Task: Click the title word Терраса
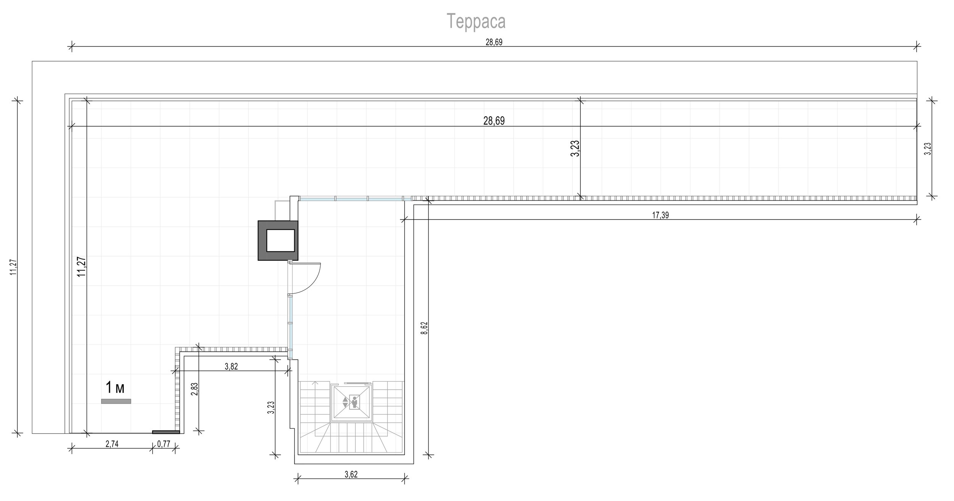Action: (476, 21)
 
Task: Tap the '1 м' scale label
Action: (115, 388)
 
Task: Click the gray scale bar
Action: (116, 401)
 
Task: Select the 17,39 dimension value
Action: (660, 215)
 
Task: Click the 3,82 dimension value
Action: (231, 367)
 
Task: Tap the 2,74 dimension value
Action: (111, 444)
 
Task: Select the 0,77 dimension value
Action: (164, 444)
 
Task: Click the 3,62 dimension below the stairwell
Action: (351, 475)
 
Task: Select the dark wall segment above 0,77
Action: (166, 432)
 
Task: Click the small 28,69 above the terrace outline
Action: (494, 42)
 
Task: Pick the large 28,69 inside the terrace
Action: (494, 121)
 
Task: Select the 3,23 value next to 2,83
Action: (271, 407)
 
